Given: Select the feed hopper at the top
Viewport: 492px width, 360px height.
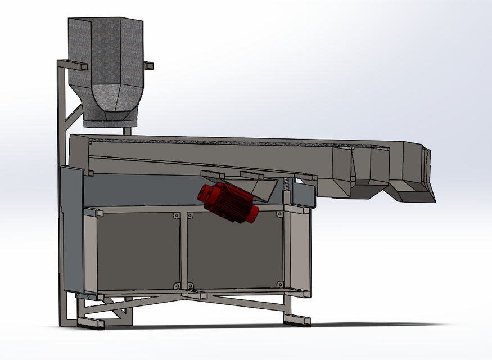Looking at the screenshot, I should pos(107,51).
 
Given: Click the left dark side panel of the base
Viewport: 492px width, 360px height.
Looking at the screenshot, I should pos(138,247).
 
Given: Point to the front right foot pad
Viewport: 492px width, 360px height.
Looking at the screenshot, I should pos(296,321).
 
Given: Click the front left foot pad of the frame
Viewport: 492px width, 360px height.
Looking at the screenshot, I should pos(90,323).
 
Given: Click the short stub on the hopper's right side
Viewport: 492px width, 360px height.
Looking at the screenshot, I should pos(148,66).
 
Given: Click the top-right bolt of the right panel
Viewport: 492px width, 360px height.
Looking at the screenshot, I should pos(279,214).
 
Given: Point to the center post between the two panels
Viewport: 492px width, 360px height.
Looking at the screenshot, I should pos(183,250).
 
